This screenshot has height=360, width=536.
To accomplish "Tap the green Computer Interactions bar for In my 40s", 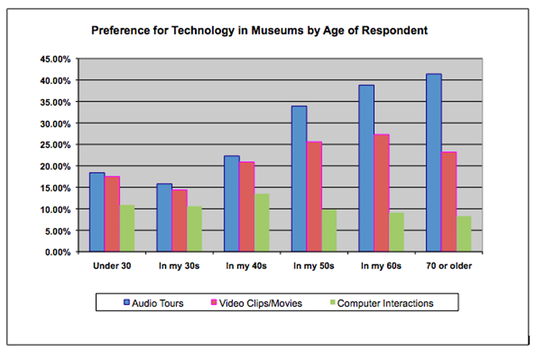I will coord(262,223).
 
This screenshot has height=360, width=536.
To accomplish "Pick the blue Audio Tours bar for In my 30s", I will coord(164,217).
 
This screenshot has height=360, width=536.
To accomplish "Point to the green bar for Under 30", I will coord(127,228).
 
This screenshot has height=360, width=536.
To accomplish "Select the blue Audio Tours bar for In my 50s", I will coord(299,179).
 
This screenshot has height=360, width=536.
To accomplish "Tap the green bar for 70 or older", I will coord(464,234).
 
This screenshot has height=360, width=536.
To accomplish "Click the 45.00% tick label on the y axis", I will coord(55,59).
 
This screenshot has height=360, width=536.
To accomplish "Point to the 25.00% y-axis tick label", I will coord(55,145).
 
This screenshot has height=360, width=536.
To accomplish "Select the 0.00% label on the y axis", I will coord(57,252).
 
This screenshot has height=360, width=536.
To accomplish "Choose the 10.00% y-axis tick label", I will coord(55,209).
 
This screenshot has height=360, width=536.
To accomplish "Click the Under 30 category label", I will coord(111,266).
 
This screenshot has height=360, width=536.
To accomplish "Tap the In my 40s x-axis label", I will coord(246,266).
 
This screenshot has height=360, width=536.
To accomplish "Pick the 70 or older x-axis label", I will coord(449,266).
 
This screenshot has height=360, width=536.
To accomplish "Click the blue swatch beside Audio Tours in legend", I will coord(127,303).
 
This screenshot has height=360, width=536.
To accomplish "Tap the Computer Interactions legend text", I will coord(385,303).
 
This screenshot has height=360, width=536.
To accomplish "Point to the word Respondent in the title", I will coord(394,31).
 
